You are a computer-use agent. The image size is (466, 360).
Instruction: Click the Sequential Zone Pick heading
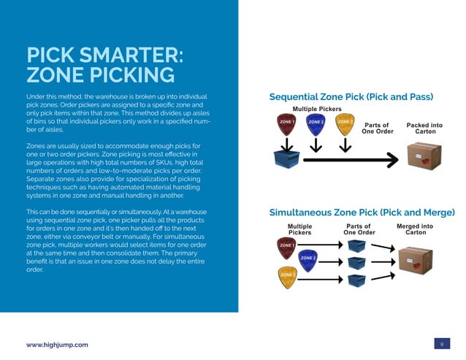click(x=351, y=96)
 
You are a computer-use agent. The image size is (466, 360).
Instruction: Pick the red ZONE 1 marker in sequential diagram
click(x=287, y=123)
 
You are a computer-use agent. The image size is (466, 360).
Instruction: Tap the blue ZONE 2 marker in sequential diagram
click(x=316, y=123)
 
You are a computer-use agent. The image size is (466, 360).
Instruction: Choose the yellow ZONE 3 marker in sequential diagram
click(x=345, y=123)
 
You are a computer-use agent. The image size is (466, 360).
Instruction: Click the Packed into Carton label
click(x=424, y=128)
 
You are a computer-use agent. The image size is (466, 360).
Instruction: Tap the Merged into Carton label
click(x=415, y=229)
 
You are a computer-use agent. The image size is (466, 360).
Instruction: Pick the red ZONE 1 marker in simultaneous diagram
click(x=286, y=247)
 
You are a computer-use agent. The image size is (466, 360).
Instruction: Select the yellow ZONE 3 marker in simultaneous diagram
click(x=286, y=275)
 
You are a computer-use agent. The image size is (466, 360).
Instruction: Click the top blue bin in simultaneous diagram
click(x=357, y=247)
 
